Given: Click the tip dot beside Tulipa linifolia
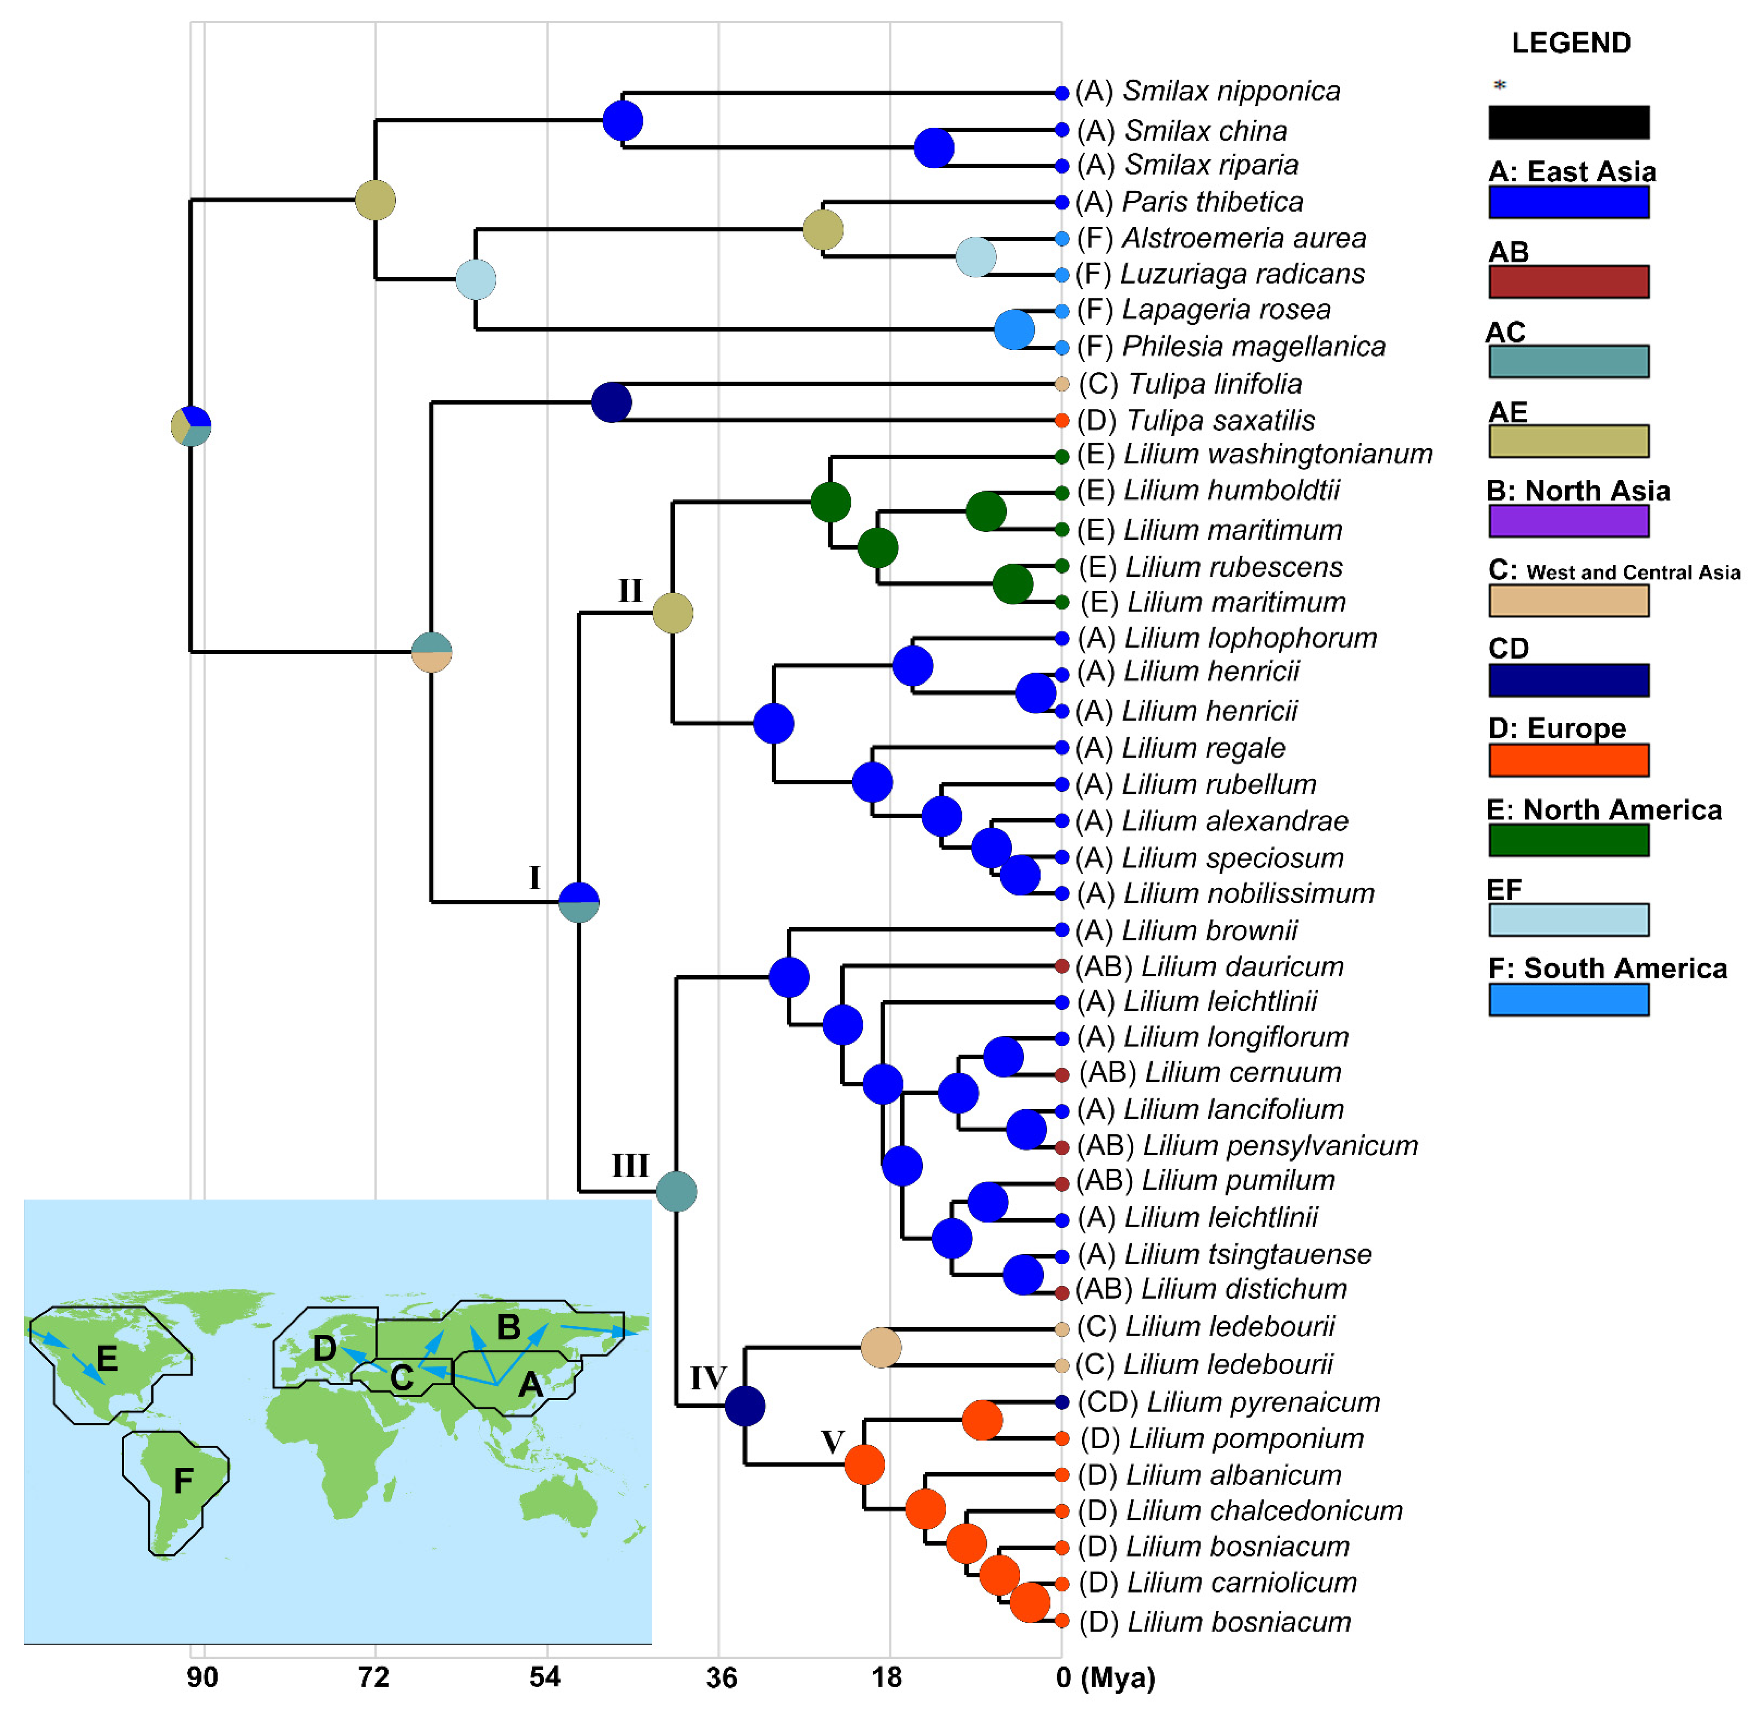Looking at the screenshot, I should click(x=1061, y=384).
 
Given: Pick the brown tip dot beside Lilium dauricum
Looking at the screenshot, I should click(x=1061, y=967).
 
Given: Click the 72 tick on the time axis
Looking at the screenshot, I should click(x=374, y=1677).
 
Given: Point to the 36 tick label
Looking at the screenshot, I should click(x=721, y=1677).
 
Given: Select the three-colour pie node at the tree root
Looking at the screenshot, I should click(x=191, y=426).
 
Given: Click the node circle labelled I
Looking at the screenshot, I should click(x=579, y=901).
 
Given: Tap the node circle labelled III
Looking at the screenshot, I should click(x=676, y=1192).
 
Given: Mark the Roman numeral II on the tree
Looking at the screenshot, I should click(x=630, y=591).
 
